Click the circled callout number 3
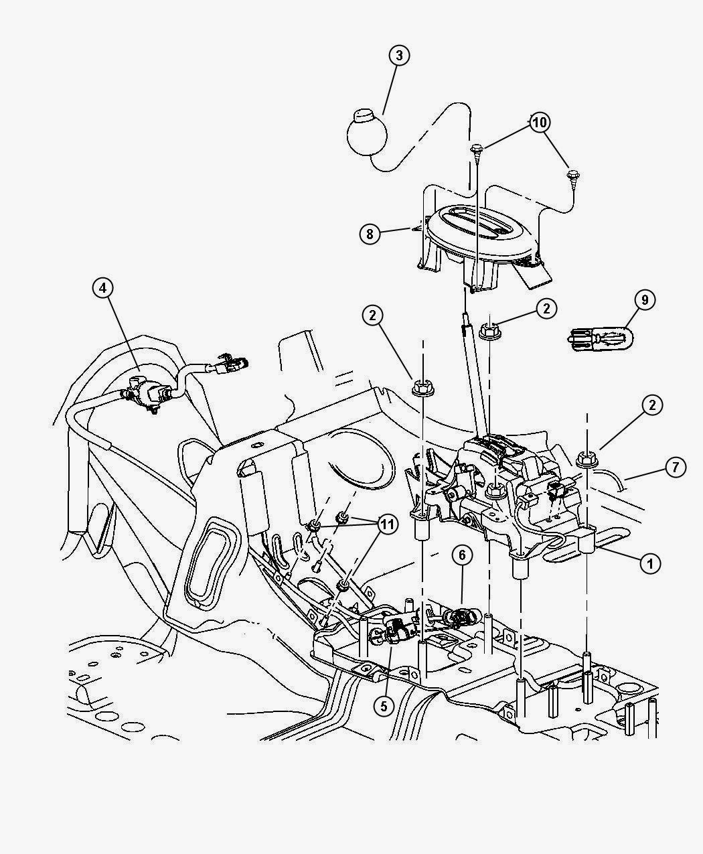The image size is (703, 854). [x=399, y=56]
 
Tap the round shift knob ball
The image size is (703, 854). [x=367, y=133]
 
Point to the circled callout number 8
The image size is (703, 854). [x=368, y=234]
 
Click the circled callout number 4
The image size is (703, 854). [x=102, y=288]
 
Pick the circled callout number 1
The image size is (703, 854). [x=649, y=563]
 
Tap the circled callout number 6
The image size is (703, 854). [x=462, y=555]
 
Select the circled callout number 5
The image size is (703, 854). [x=383, y=706]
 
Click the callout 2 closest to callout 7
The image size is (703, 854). [x=653, y=405]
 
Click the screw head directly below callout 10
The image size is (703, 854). [x=477, y=149]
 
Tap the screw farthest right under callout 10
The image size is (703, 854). [x=572, y=175]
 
